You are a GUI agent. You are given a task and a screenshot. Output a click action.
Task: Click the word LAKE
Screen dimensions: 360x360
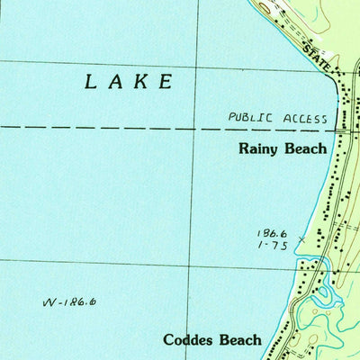pyautogui.click(x=129, y=82)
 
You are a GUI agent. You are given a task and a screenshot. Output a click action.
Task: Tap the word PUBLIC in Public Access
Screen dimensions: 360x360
pyautogui.click(x=248, y=117)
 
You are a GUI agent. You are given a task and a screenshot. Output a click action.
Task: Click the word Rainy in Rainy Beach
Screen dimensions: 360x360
pyautogui.click(x=259, y=149)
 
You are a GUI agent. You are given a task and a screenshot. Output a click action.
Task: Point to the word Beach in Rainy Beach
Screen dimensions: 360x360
pyautogui.click(x=306, y=148)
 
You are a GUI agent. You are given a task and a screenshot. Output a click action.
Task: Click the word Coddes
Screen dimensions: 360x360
pyautogui.click(x=190, y=340)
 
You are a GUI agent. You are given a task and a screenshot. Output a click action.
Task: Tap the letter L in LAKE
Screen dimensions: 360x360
pyautogui.click(x=91, y=82)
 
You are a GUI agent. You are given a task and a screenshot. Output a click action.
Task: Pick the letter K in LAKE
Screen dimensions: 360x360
pyautogui.click(x=140, y=82)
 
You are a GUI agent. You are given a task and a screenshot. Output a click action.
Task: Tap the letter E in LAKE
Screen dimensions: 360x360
pyautogui.click(x=166, y=82)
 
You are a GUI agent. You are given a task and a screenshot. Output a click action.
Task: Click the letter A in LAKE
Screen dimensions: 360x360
pyautogui.click(x=115, y=82)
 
